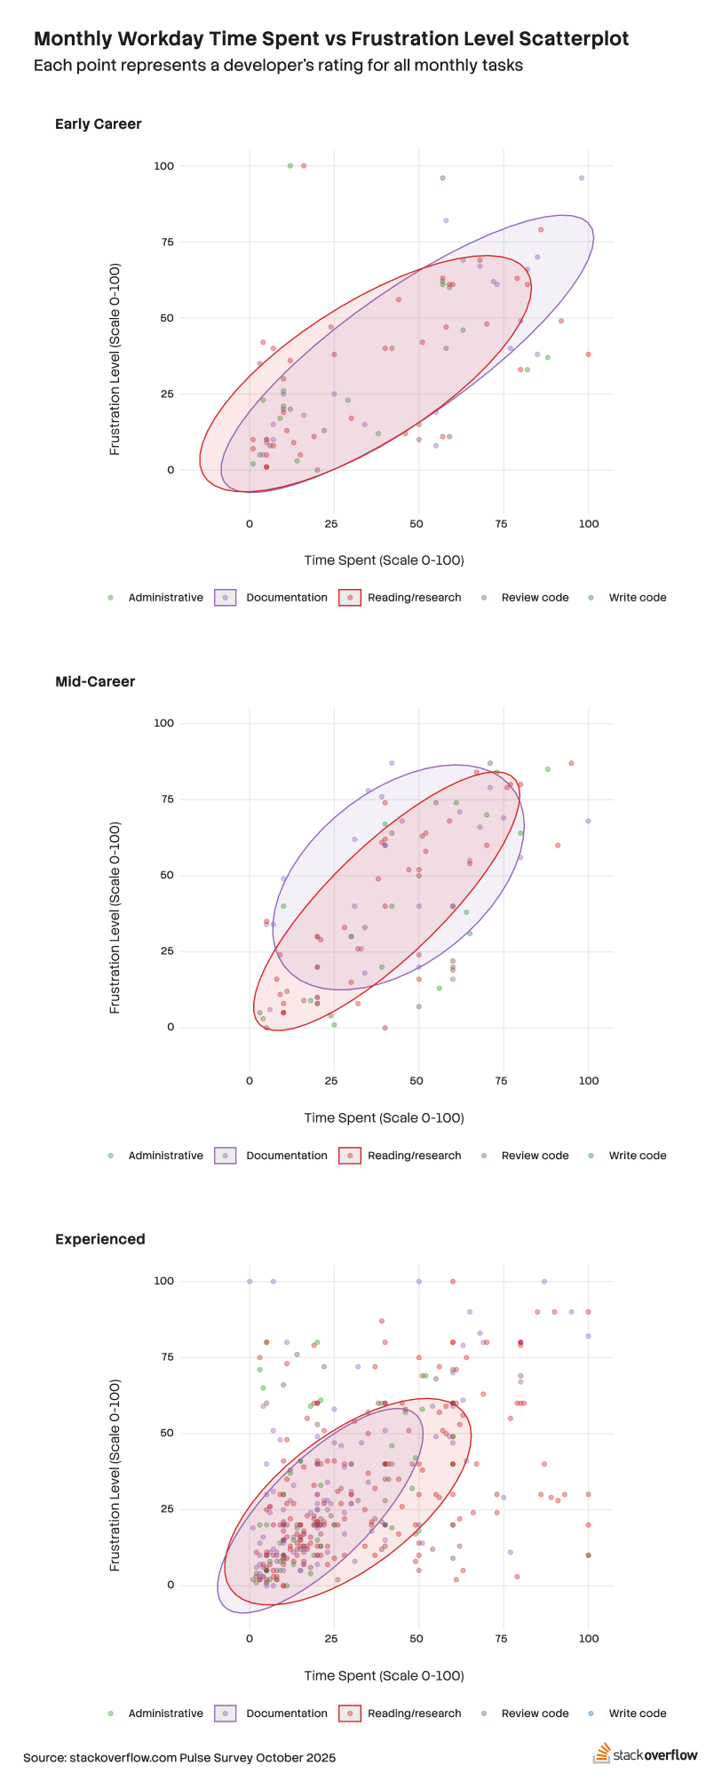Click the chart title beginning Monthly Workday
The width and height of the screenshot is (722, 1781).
[x=330, y=39]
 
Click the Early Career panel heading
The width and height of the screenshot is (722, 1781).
[x=98, y=124]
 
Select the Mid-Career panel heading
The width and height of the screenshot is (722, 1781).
[x=95, y=682]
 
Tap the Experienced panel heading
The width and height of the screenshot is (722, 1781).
[x=99, y=1239]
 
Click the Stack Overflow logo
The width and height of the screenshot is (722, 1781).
[x=646, y=1754]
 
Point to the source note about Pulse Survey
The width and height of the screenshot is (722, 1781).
[x=179, y=1758]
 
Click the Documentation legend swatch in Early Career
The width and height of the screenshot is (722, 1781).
[x=226, y=598]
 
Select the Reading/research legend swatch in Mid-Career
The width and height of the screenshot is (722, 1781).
[x=350, y=1156]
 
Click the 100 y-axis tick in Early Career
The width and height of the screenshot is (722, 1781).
[x=163, y=166]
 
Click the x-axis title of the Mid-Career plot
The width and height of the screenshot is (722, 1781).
[x=384, y=1117]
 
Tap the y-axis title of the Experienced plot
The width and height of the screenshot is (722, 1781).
[x=115, y=1475]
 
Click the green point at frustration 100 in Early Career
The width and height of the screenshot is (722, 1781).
[x=290, y=166]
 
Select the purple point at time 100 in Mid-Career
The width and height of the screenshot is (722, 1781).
[x=588, y=821]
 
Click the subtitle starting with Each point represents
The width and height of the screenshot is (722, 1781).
[x=278, y=66]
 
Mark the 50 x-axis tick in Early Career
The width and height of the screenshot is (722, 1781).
[x=417, y=524]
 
